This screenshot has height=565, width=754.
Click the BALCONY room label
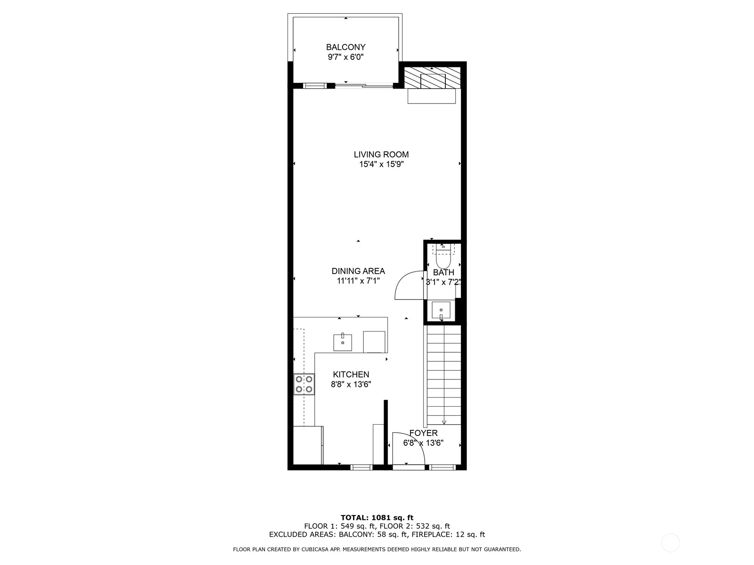click(345, 47)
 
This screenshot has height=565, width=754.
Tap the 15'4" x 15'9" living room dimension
click(381, 164)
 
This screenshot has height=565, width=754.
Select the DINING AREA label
click(358, 271)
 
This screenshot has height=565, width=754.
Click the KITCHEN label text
click(351, 374)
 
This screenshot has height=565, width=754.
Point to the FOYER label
click(423, 433)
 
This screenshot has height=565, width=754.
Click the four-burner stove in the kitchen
click(304, 384)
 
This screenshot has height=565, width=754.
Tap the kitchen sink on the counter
click(343, 342)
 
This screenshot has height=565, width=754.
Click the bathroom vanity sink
click(441, 310)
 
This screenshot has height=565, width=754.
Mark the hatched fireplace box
click(432, 78)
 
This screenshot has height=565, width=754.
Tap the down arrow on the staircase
click(444, 422)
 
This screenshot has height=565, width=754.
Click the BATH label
click(443, 272)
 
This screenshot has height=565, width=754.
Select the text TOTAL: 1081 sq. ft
click(377, 517)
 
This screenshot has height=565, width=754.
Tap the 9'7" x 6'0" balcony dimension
click(345, 57)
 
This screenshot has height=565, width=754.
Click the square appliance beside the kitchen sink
click(374, 342)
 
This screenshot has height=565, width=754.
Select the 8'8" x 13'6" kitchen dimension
click(351, 384)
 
